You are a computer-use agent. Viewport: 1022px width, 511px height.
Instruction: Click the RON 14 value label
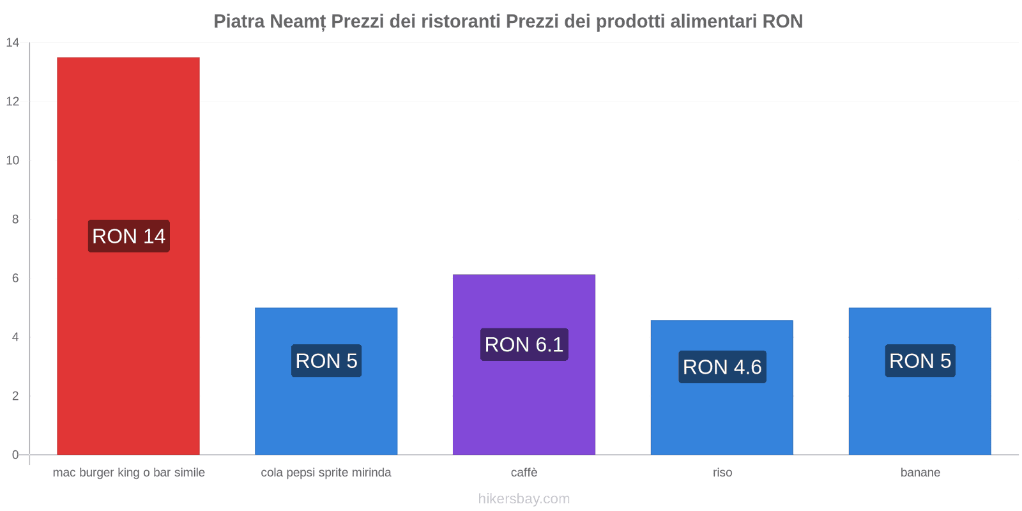(x=128, y=236)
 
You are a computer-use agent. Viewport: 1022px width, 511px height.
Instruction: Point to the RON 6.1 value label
(x=524, y=345)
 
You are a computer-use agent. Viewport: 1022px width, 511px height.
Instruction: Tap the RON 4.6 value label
(x=722, y=367)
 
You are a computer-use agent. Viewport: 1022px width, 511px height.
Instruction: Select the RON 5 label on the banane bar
(x=920, y=361)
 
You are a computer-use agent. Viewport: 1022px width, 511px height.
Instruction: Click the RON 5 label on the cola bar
(x=326, y=361)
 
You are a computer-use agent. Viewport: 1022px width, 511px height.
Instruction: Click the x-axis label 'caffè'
(x=524, y=473)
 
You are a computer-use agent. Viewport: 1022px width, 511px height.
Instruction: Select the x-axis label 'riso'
(x=722, y=473)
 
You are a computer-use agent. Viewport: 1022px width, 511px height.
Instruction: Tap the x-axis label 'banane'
(x=920, y=473)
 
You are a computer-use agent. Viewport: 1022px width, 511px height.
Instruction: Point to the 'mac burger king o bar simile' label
(x=128, y=473)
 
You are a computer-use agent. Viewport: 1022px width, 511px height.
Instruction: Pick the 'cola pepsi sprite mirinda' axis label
(x=326, y=473)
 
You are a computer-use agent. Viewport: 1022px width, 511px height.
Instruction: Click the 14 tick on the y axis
(x=13, y=43)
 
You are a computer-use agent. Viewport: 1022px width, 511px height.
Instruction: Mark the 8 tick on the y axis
(x=15, y=219)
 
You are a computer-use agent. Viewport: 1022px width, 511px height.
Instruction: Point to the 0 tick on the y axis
(x=15, y=455)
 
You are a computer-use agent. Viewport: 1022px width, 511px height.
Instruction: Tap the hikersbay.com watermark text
(x=524, y=499)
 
